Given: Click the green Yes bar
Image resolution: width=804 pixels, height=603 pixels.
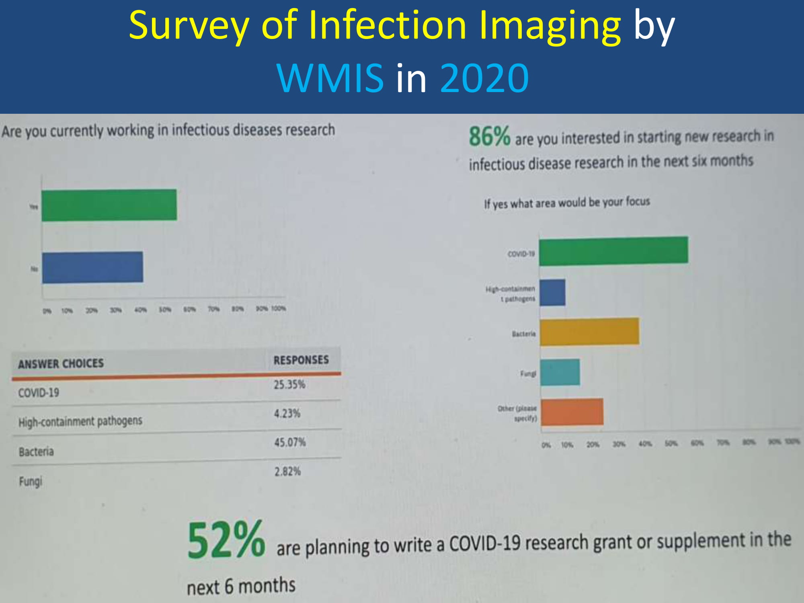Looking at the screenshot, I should pos(109,205).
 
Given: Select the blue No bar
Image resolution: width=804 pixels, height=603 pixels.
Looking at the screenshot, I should pos(92,267).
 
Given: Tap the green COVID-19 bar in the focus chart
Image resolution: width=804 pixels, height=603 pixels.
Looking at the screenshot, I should pos(613,251).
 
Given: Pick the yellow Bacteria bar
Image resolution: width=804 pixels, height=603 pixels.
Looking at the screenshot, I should pos(589,332).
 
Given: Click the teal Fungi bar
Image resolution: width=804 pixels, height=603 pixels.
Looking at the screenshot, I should pos(560,372).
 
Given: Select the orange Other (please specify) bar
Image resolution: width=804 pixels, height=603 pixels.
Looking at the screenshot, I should pos(572,412).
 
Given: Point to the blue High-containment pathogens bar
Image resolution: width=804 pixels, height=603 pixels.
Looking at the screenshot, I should pos(552,293).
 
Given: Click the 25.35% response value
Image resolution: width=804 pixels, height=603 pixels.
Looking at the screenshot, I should pos(289,385).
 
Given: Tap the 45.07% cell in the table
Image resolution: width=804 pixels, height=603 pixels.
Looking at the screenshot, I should pos(290,443).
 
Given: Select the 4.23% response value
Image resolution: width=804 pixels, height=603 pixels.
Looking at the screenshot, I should pos(287,414).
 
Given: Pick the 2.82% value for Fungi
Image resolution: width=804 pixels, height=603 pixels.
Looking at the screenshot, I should pos(287,472).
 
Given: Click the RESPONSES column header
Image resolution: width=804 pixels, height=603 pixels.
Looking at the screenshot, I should pos(301,360).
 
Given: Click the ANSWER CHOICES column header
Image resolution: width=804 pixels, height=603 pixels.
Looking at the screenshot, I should pos(61,364).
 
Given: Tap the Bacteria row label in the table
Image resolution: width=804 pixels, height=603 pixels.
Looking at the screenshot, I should pos(36,452).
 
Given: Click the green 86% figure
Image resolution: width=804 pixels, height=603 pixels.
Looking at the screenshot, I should pos(489,137).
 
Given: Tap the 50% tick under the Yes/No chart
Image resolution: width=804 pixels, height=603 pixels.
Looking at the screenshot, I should pos(165,310).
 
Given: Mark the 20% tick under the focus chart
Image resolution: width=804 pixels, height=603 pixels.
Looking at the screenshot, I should pos(593,445).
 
